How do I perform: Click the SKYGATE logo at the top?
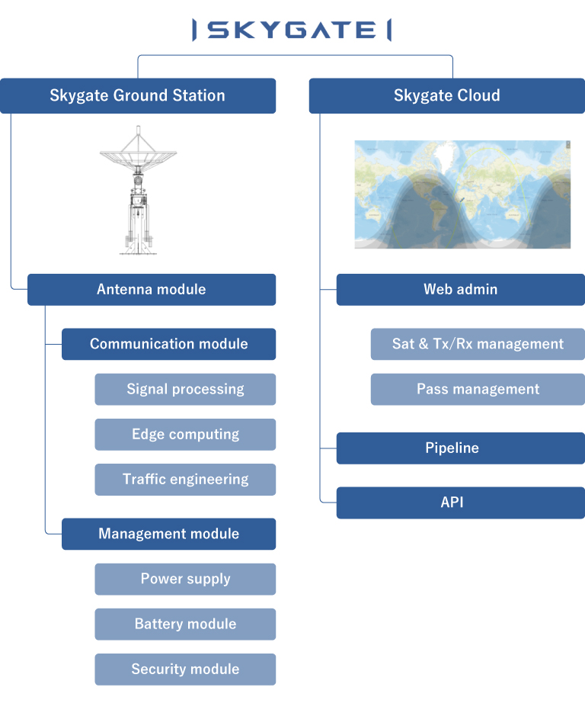point(292,30)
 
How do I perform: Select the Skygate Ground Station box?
point(138,95)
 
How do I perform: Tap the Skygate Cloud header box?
point(447,95)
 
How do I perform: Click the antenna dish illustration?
point(138,190)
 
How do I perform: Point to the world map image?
point(462,194)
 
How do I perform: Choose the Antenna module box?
point(152,290)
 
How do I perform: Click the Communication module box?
point(169,344)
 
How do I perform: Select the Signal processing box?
point(185,389)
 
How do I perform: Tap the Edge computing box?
point(185,434)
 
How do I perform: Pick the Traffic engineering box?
point(185,480)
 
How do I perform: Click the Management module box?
point(169,534)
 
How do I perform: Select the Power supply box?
point(185,579)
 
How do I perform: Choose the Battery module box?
point(185,624)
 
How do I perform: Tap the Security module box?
point(185,669)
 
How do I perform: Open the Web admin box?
point(461,290)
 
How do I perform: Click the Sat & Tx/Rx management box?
point(478,344)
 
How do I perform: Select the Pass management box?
point(478,389)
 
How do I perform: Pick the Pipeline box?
point(461,448)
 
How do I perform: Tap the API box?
point(461,503)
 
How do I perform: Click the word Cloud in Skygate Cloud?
point(478,95)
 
